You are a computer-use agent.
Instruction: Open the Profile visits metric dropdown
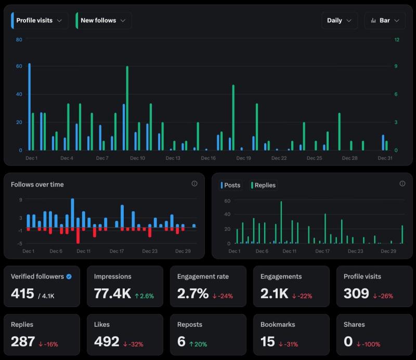pos(39,20)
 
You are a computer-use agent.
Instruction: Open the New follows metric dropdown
pos(103,20)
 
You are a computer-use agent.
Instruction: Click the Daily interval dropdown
pos(339,20)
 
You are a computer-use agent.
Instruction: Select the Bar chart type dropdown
pos(385,20)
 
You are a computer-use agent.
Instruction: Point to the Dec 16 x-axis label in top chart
pos(208,158)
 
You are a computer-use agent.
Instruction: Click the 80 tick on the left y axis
pos(19,39)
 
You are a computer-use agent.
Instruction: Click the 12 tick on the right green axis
pos(397,39)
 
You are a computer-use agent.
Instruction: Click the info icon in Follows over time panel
pos(194,183)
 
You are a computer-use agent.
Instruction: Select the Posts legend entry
pos(230,185)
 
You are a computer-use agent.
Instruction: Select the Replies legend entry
pos(264,185)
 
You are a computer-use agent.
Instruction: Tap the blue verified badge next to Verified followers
pos(69,276)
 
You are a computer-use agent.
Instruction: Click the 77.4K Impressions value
pos(112,294)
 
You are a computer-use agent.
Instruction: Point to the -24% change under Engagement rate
pos(223,296)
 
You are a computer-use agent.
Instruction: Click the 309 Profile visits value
pos(356,294)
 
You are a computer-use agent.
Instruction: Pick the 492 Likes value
pos(107,341)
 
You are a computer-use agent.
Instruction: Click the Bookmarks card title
pos(278,324)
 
